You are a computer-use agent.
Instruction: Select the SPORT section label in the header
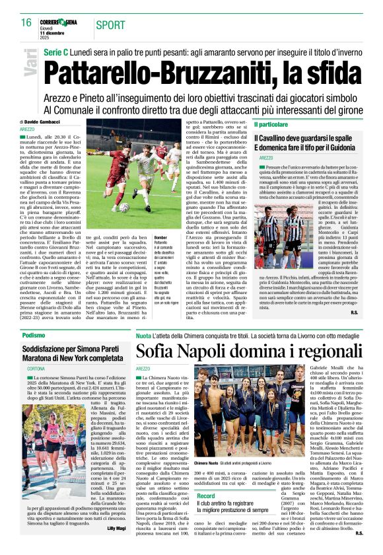[110, 25]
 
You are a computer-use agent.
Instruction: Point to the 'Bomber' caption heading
[160, 237]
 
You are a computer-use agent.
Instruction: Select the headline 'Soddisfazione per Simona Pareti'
[71, 348]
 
